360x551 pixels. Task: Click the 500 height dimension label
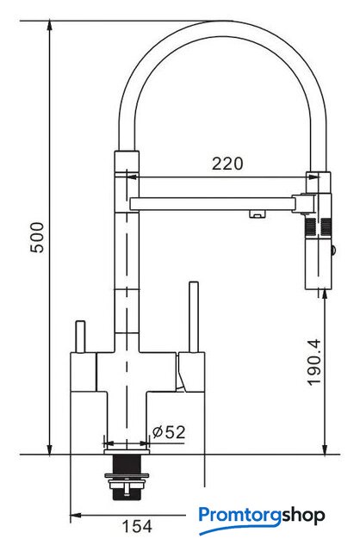click(x=37, y=238)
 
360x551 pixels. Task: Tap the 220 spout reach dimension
click(x=227, y=164)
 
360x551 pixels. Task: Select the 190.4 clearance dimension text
click(x=314, y=362)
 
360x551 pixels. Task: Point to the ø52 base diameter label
click(x=169, y=432)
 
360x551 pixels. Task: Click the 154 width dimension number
click(x=137, y=526)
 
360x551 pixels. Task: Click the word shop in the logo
click(x=303, y=517)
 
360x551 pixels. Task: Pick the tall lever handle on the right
click(x=194, y=317)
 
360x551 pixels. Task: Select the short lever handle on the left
click(x=80, y=337)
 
